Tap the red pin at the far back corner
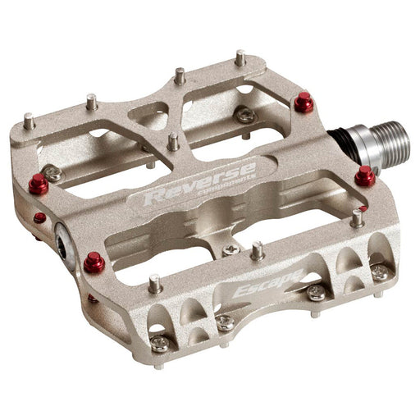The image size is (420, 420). (304, 103)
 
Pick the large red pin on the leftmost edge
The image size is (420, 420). (39, 184)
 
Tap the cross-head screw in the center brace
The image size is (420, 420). (233, 249)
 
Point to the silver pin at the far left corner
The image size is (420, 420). (30, 121)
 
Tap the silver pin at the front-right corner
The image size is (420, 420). (357, 217)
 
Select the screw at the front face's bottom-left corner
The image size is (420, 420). (160, 345)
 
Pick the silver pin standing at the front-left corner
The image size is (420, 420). (154, 285)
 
